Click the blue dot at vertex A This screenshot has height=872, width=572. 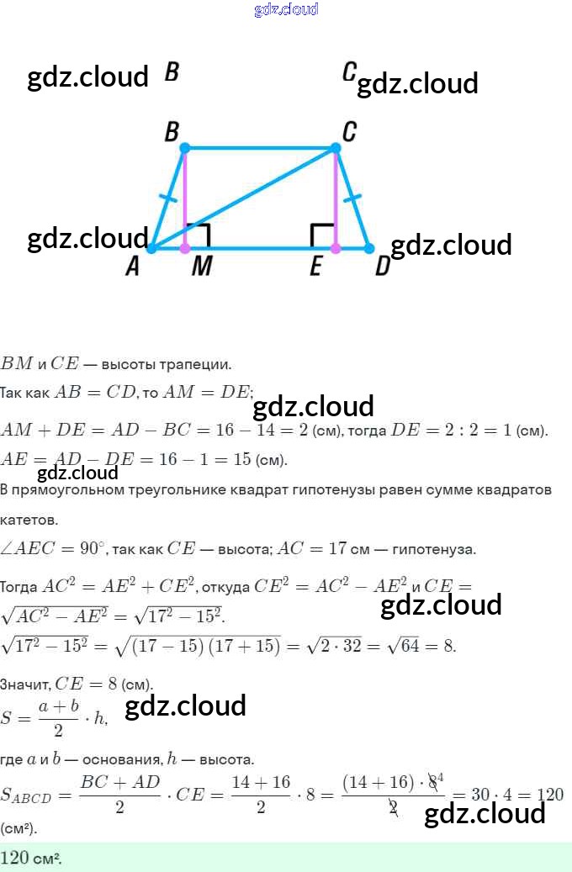tap(151, 248)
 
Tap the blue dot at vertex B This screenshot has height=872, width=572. tap(185, 148)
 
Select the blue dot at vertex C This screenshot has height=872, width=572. tap(335, 148)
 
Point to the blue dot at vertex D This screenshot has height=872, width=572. tap(368, 248)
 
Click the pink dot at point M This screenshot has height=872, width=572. tap(185, 248)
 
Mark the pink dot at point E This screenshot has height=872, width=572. tap(335, 248)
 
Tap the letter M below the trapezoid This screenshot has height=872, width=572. tap(201, 267)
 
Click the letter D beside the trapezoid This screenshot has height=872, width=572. tap(383, 267)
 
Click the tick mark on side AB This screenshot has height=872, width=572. tap(168, 199)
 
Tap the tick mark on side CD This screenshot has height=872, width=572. tap(352, 199)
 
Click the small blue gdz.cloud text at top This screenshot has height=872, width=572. tap(286, 9)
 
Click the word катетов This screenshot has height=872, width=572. tap(29, 519)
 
